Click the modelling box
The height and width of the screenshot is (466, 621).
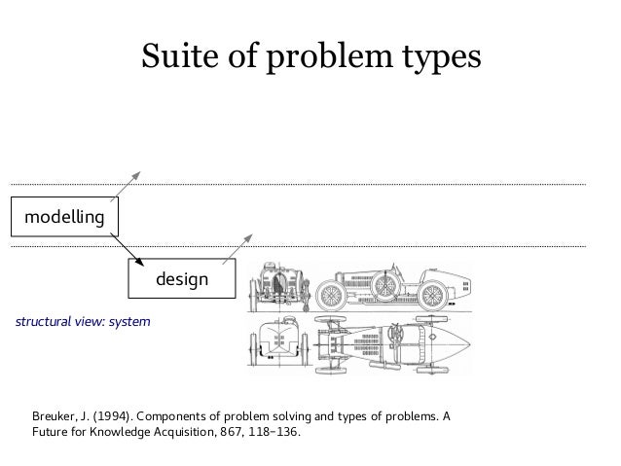tap(63, 216)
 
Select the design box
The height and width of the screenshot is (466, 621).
tap(181, 279)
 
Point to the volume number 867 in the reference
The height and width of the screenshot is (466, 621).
tap(220, 434)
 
